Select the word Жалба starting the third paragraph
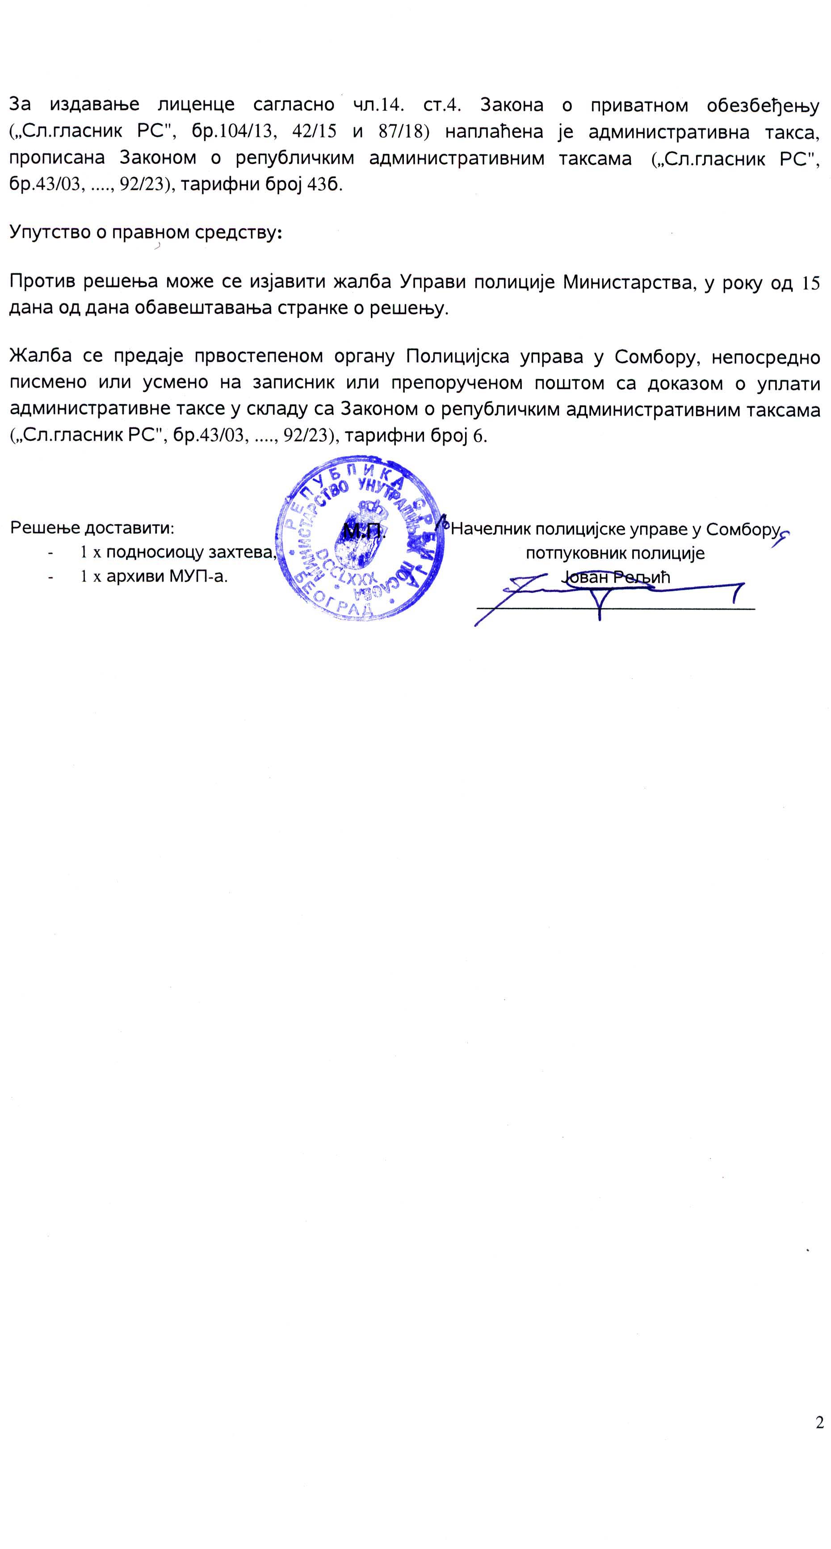pyautogui.click(x=41, y=356)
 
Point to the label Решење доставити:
pyautogui.click(x=92, y=528)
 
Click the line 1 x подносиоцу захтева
pyautogui.click(x=178, y=552)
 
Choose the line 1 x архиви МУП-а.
pyautogui.click(x=154, y=576)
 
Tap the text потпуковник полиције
pyautogui.click(x=614, y=553)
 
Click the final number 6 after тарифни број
pyautogui.click(x=480, y=435)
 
